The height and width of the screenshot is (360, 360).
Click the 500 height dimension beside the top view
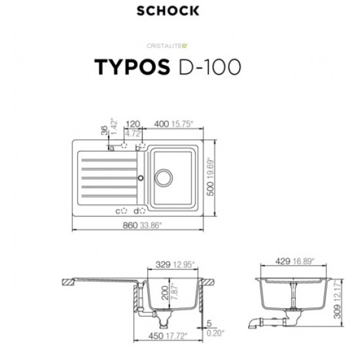[x=211, y=190]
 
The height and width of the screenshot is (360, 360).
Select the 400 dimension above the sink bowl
[x=160, y=122]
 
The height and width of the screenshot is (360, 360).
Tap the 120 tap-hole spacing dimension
[x=133, y=122]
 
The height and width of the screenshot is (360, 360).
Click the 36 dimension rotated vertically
[x=103, y=131]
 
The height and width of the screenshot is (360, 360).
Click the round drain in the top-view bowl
[x=162, y=177]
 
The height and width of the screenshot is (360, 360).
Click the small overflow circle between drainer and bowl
[x=139, y=177]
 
